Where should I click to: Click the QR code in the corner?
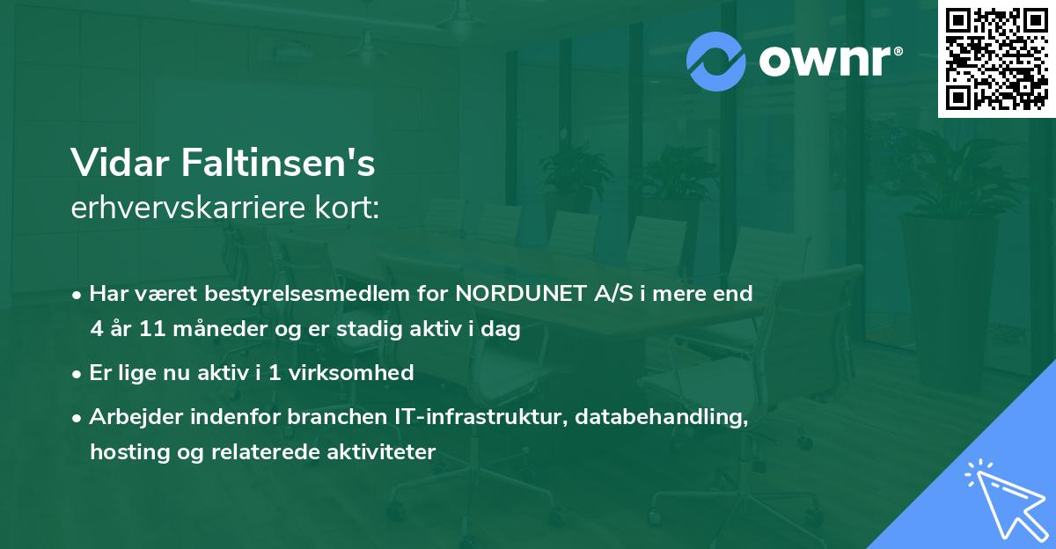tap(996, 59)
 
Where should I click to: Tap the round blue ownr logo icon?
tap(716, 62)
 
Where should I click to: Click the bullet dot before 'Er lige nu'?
tap(78, 373)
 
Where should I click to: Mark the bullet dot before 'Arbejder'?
tap(78, 417)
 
